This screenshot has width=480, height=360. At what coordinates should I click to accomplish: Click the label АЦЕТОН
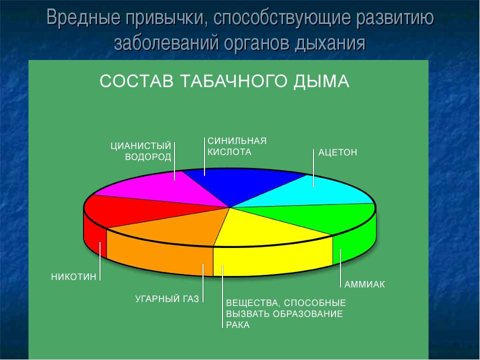point(337,152)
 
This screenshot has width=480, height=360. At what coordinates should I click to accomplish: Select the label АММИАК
point(364,284)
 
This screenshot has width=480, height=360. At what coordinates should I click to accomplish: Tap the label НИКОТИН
point(73,277)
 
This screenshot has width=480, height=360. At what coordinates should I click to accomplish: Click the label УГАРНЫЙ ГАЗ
point(167,299)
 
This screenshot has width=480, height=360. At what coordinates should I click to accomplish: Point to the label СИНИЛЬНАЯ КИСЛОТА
point(237,146)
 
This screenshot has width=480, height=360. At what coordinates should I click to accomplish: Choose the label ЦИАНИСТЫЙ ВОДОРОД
point(141,151)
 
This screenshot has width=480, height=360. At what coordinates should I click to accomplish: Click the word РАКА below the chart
point(238,325)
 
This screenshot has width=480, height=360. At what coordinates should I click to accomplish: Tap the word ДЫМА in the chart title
point(321,81)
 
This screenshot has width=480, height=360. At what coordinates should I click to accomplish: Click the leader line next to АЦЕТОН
point(313,168)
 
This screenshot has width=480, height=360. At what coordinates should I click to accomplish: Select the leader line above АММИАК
point(340,268)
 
